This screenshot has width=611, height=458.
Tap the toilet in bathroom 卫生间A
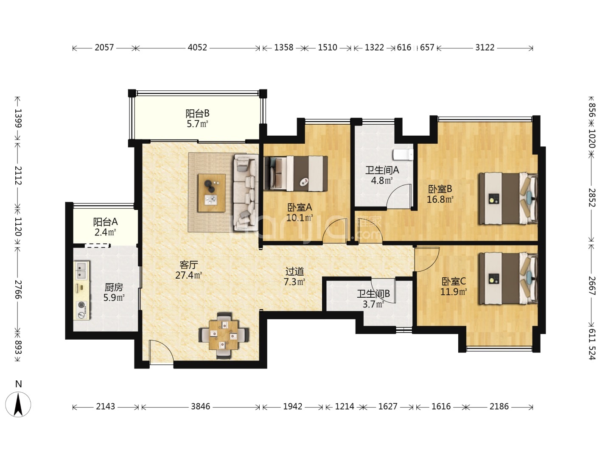point(403,155)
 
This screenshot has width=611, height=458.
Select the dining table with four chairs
point(224,335)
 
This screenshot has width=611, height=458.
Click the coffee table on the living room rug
point(212,193)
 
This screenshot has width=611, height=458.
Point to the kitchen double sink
point(82,270)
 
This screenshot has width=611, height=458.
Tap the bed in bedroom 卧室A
point(296,173)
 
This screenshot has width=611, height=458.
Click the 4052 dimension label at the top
point(197,47)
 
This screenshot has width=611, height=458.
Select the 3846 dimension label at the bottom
point(200,407)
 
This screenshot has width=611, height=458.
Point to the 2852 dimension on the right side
point(591,198)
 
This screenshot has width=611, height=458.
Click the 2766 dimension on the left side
point(19,289)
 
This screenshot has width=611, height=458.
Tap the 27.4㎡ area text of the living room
point(188,275)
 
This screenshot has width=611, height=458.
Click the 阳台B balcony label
point(197,114)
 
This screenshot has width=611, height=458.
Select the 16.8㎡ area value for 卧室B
point(440,199)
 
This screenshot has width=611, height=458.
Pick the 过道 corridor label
point(294,271)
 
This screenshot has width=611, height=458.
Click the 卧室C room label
point(454,282)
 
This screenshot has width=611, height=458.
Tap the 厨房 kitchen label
point(114,287)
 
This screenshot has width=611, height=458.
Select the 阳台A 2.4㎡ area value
point(105,232)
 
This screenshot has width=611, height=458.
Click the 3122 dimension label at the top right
point(485,47)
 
